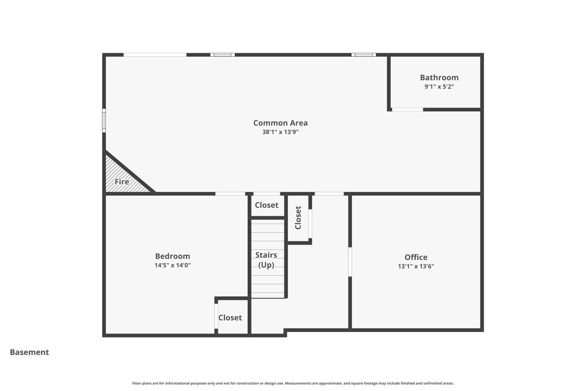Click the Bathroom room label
(439, 77)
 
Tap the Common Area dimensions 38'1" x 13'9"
(280, 132)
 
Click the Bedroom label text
(172, 256)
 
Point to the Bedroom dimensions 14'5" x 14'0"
(172, 265)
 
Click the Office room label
(416, 257)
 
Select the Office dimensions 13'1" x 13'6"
(416, 267)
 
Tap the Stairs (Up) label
(266, 260)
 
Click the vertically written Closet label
(298, 218)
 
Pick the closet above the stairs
(266, 205)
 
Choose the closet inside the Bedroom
(230, 317)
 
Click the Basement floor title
(29, 352)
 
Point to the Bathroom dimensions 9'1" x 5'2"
(439, 87)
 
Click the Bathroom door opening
(407, 109)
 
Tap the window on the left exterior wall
(104, 120)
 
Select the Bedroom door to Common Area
(230, 194)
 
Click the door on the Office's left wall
(350, 262)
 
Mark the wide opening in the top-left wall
(155, 55)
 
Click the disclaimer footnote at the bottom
(293, 383)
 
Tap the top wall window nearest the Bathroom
(363, 55)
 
